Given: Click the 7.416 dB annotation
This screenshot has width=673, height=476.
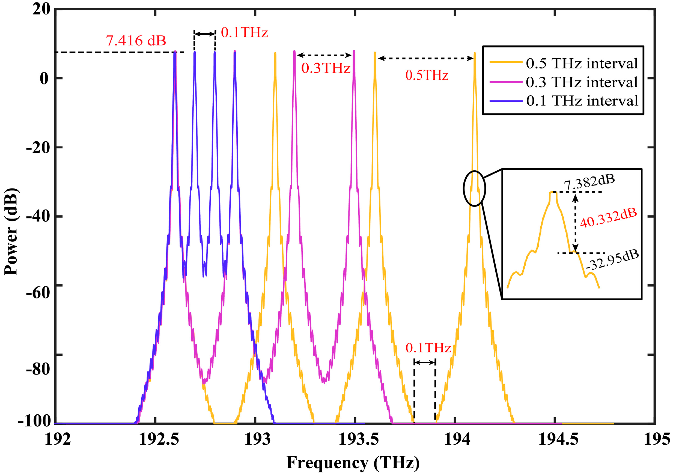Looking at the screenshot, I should (136, 40).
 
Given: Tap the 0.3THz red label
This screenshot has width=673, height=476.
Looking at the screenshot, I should (326, 68).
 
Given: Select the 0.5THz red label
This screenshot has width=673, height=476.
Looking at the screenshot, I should (427, 75).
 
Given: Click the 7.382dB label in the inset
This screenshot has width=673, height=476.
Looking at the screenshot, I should (589, 182).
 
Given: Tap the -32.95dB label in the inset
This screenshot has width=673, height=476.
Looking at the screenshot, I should (612, 260).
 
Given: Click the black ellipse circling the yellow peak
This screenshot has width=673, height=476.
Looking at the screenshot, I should (474, 188).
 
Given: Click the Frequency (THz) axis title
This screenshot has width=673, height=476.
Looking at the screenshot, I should (353, 463).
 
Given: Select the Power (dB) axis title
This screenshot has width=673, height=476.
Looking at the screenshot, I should (11, 232).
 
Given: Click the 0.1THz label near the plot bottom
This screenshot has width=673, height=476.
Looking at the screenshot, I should (428, 348).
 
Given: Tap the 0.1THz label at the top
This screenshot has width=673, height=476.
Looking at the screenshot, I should (244, 32).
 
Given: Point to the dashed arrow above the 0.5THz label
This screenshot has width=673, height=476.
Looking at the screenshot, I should (426, 58).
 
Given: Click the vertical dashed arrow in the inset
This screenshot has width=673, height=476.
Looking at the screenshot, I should (575, 223).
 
